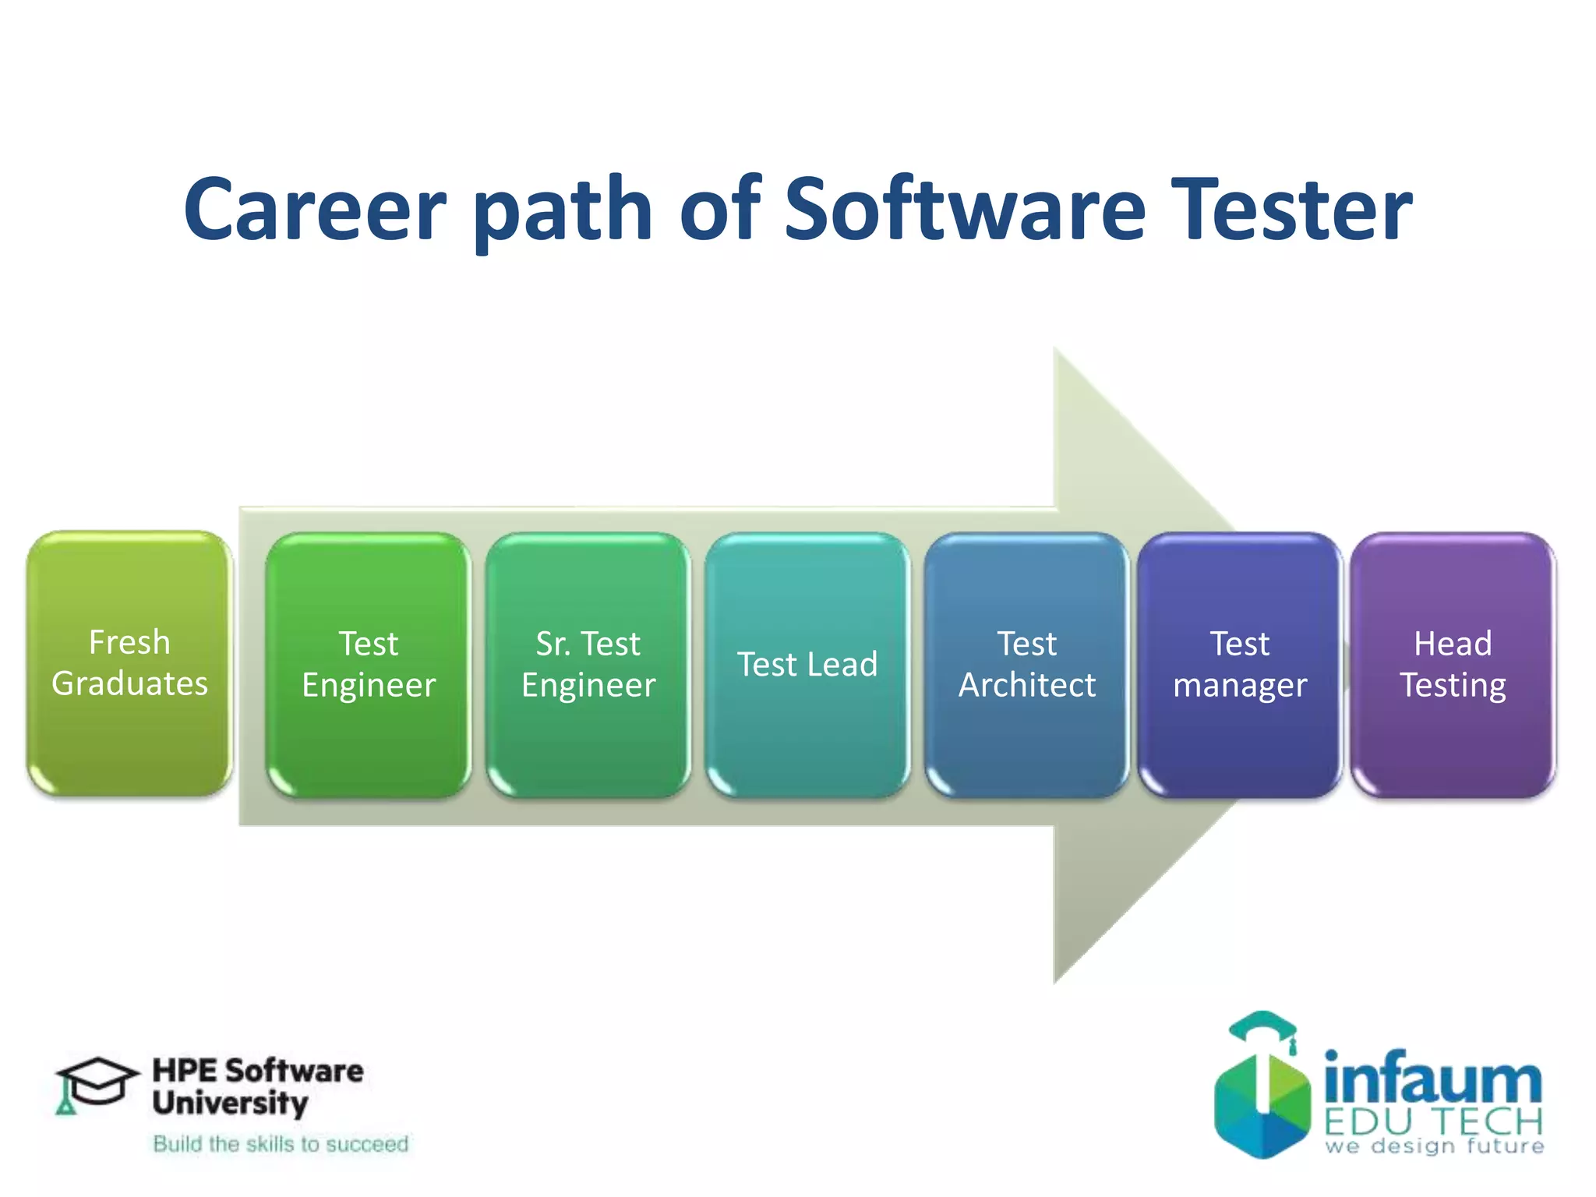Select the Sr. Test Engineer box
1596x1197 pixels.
(x=588, y=664)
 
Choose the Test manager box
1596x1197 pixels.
(x=1239, y=664)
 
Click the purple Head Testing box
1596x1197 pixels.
(x=1453, y=664)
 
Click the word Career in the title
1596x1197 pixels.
(x=315, y=209)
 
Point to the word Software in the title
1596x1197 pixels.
(x=964, y=209)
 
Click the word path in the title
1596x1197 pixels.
(x=563, y=209)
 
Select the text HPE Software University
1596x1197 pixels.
(x=257, y=1086)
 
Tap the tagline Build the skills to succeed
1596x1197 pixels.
(x=281, y=1144)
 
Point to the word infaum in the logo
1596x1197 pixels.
(x=1432, y=1079)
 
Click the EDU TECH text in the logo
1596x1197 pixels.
(x=1432, y=1122)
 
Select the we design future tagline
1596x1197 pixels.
(x=1434, y=1146)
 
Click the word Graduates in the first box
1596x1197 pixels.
(x=129, y=683)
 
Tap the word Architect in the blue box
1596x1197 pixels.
(x=1026, y=685)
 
